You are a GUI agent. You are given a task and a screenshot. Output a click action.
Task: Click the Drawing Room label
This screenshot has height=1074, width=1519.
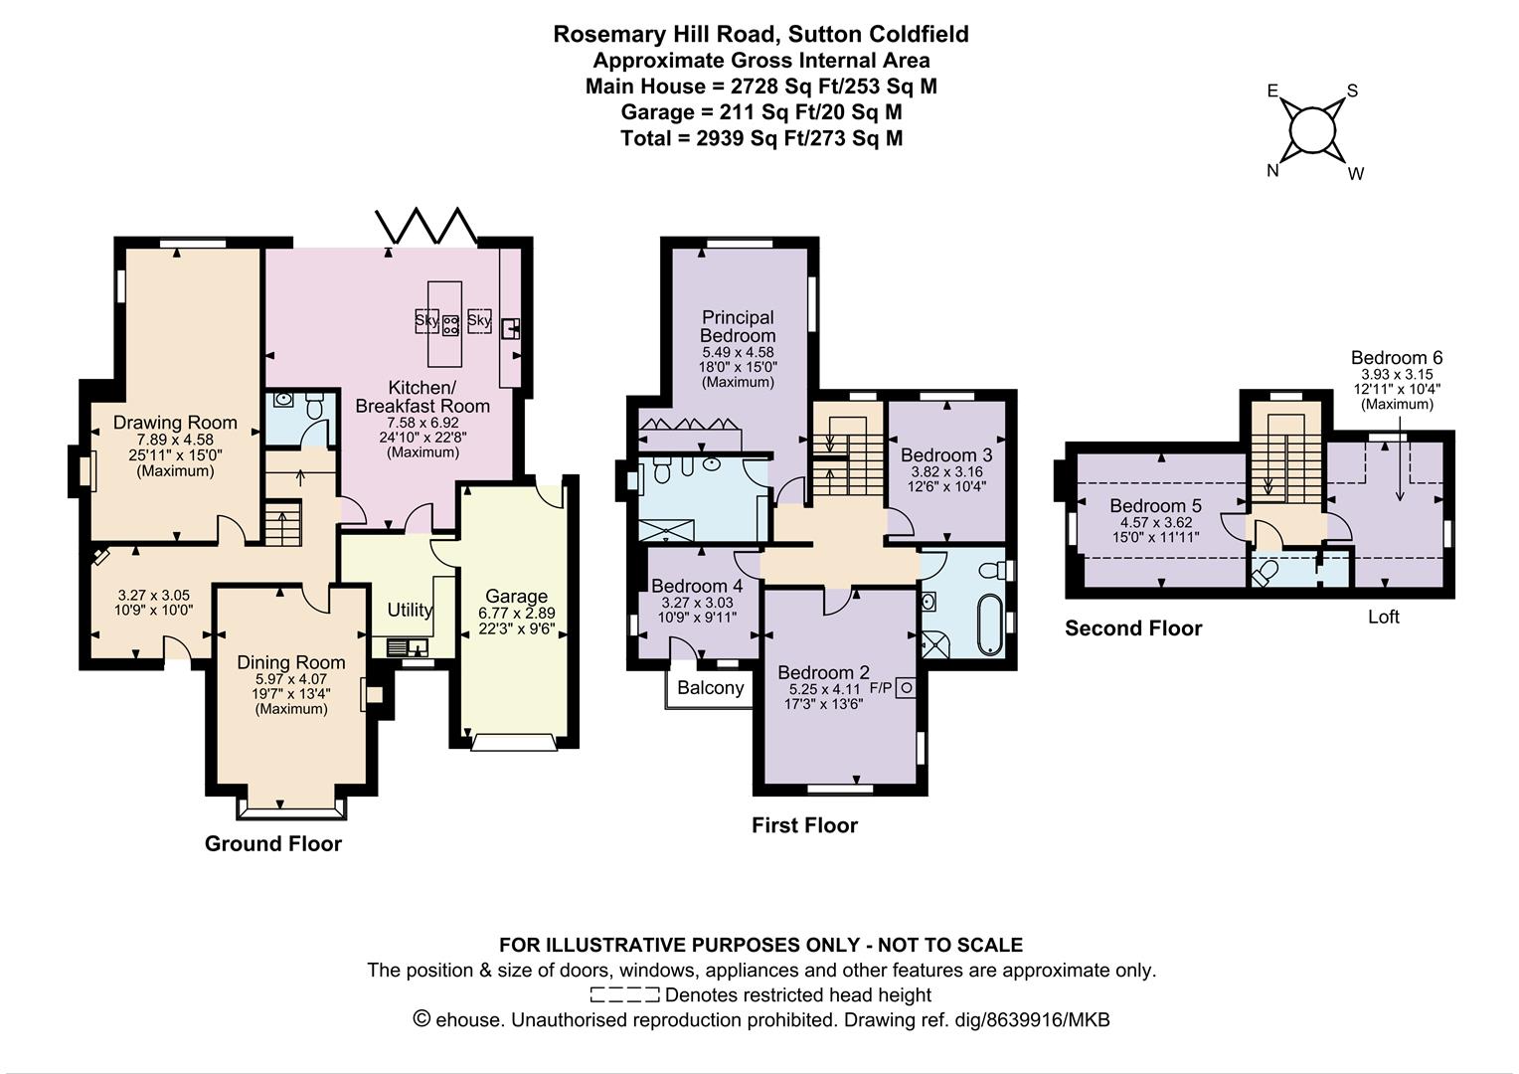coord(175,423)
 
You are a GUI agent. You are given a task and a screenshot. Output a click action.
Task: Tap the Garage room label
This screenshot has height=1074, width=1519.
coord(516,597)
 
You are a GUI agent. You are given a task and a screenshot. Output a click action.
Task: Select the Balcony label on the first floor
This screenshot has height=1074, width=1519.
coord(711,688)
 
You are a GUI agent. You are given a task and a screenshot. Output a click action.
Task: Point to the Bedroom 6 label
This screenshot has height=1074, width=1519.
coord(1397,358)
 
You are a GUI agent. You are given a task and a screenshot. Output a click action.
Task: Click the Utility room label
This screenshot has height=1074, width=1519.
coord(410,610)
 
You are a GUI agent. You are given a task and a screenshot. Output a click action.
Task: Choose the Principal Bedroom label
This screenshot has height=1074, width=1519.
coord(738,326)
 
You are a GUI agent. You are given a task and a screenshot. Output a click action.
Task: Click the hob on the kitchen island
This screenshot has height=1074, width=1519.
coord(450,325)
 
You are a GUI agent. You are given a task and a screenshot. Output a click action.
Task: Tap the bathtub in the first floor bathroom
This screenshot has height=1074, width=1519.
coord(991,625)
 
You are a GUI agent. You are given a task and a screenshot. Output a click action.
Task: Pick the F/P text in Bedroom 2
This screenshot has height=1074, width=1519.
coord(880,688)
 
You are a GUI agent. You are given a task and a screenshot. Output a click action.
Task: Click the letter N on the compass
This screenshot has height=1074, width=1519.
coord(1272,170)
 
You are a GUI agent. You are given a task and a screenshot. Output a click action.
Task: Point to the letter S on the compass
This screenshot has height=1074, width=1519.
coord(1352,90)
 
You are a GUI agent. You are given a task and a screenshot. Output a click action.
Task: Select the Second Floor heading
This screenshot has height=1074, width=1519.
coord(1133,628)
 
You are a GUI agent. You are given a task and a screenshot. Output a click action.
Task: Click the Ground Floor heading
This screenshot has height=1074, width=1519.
coord(273,843)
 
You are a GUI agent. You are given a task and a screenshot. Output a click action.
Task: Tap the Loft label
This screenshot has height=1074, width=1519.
coord(1384,617)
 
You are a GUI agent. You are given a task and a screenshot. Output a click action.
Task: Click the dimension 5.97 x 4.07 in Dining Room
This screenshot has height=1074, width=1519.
coord(291,679)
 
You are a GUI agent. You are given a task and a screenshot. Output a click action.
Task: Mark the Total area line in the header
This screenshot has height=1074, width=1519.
coord(761,138)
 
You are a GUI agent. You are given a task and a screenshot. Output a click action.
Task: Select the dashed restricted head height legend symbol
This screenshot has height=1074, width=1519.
coord(624,994)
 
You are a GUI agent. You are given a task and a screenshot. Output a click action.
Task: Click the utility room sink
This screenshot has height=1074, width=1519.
coord(408,647)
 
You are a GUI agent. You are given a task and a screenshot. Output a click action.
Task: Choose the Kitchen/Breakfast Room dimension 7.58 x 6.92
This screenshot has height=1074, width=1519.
coord(422,423)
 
